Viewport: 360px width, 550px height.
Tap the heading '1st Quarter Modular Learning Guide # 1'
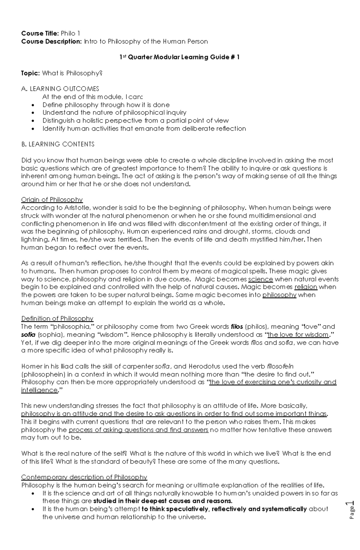click(x=179, y=57)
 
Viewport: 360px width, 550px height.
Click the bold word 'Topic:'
click(x=30, y=73)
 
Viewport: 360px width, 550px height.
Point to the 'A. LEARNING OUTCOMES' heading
click(x=60, y=89)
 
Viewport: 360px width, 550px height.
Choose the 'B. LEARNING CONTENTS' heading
click(x=58, y=144)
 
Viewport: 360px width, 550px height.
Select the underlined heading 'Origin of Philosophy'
click(x=52, y=200)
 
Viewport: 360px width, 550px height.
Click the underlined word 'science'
click(x=260, y=279)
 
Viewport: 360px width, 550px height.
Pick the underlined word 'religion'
click(x=306, y=287)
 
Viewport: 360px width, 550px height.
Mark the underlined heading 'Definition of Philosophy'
click(x=57, y=318)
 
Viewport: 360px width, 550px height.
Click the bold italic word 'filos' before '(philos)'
click(x=237, y=326)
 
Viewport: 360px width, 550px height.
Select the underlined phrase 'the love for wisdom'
click(x=298, y=334)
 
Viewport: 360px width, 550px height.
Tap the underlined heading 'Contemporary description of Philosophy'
click(x=84, y=477)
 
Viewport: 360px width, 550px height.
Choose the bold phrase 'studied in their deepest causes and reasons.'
click(x=163, y=501)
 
